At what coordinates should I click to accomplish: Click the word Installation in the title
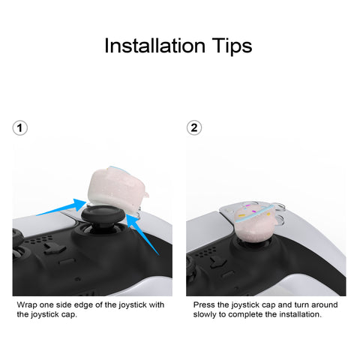point(155,46)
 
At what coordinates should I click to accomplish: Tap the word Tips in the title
point(232,47)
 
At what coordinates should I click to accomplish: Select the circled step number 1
point(20,128)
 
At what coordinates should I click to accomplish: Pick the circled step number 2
point(194,127)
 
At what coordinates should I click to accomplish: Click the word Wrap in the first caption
point(27,305)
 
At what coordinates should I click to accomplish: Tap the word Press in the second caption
point(204,304)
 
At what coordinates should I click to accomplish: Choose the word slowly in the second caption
point(205,314)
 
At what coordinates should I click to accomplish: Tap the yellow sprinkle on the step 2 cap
point(241,215)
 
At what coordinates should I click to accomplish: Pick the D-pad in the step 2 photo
point(218,262)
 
